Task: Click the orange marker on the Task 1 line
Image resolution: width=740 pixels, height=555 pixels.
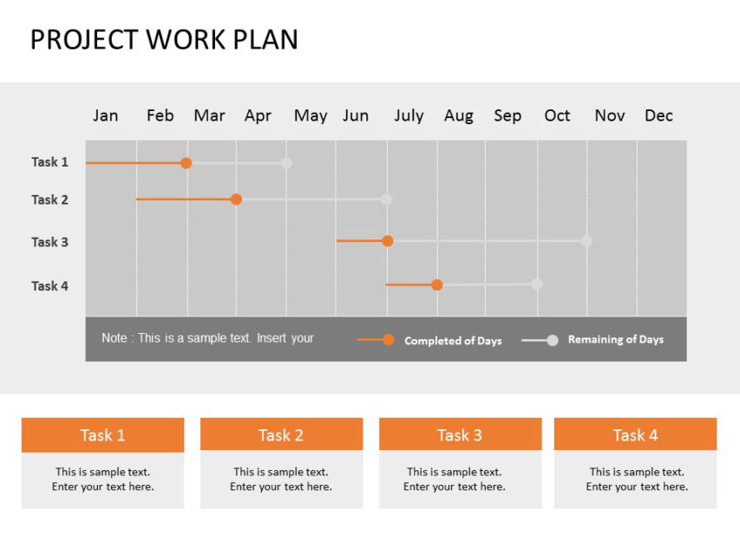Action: pyautogui.click(x=186, y=163)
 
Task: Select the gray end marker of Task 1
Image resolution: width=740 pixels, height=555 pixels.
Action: pyautogui.click(x=286, y=163)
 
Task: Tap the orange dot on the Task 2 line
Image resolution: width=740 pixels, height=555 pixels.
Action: pyautogui.click(x=236, y=199)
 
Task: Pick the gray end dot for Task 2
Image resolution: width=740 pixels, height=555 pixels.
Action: pyautogui.click(x=386, y=199)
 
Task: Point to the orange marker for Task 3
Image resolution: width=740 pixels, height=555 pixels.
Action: pyautogui.click(x=388, y=241)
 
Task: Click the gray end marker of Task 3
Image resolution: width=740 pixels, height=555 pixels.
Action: pyautogui.click(x=586, y=241)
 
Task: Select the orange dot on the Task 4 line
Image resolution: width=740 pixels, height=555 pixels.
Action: pyautogui.click(x=437, y=284)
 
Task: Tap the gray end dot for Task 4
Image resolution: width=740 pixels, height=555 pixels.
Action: pyautogui.click(x=537, y=284)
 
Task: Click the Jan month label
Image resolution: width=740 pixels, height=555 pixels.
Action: pyautogui.click(x=105, y=115)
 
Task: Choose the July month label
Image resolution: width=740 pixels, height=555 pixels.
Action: pyautogui.click(x=409, y=115)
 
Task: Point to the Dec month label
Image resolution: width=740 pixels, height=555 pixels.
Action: pyautogui.click(x=658, y=115)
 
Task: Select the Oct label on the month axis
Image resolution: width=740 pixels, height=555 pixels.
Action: pyautogui.click(x=557, y=115)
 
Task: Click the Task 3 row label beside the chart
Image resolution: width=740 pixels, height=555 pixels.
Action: pyautogui.click(x=49, y=242)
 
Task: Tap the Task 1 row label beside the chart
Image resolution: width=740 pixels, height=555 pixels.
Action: pyautogui.click(x=49, y=162)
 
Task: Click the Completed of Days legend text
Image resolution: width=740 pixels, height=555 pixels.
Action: pyautogui.click(x=453, y=341)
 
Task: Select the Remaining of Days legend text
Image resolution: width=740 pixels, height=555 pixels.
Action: pyautogui.click(x=616, y=340)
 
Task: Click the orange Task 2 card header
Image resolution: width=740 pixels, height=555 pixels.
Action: pyautogui.click(x=281, y=434)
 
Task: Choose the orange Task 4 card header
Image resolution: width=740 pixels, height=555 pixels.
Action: pyautogui.click(x=635, y=434)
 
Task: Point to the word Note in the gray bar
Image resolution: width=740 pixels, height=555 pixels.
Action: pyautogui.click(x=114, y=338)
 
